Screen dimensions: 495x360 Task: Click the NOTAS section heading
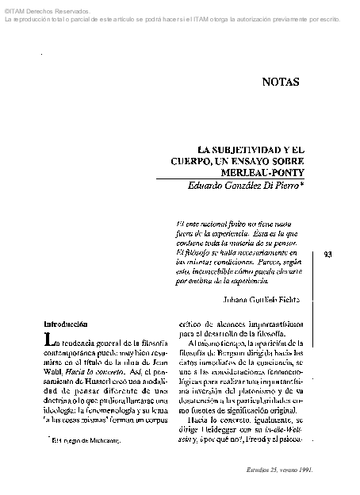tap(281, 81)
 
